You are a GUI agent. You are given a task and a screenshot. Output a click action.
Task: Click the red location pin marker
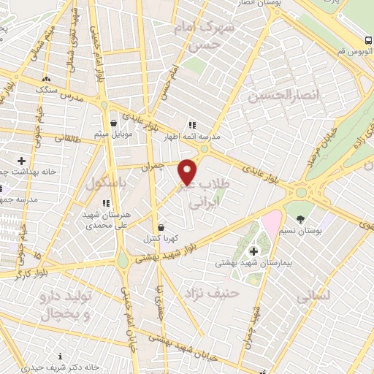[x=188, y=171]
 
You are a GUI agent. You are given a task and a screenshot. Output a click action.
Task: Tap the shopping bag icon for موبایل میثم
[x=113, y=123]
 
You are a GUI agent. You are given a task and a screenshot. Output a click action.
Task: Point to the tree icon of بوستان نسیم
[x=300, y=218]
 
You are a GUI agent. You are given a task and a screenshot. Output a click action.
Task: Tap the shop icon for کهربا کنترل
[x=161, y=226]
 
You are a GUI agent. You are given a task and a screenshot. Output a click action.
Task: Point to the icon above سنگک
[x=47, y=79]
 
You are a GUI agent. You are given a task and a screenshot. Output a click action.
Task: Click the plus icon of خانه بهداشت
[x=21, y=160]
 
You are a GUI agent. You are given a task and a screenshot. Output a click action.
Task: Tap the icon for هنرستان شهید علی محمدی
[x=106, y=202]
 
